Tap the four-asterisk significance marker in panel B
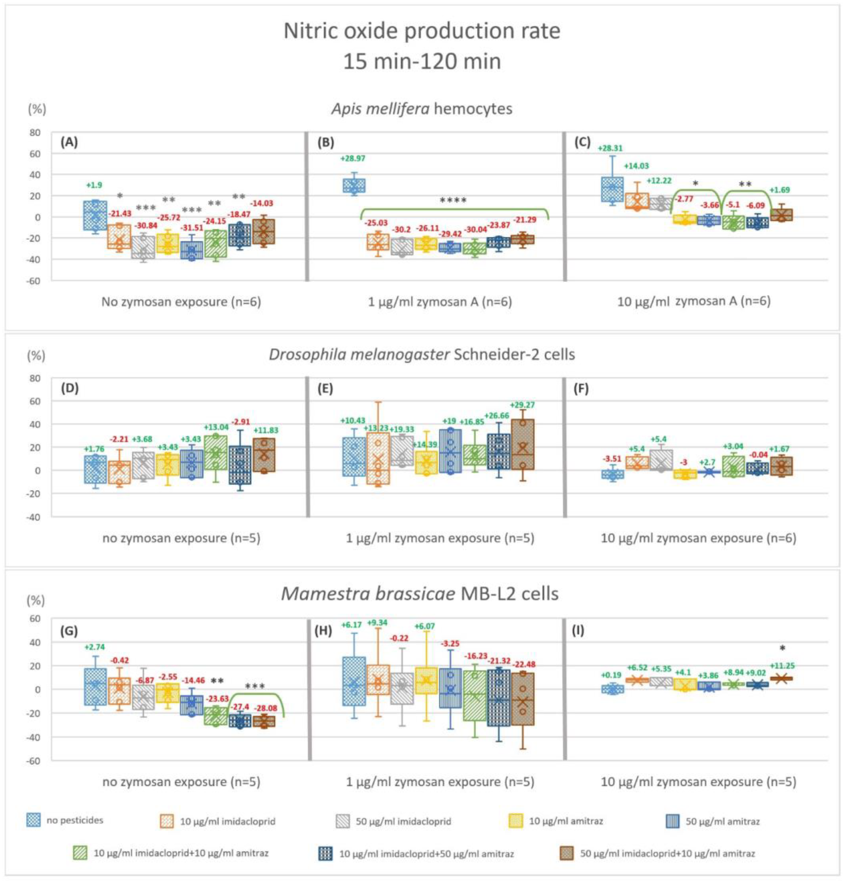click(453, 200)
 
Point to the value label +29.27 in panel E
click(522, 405)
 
